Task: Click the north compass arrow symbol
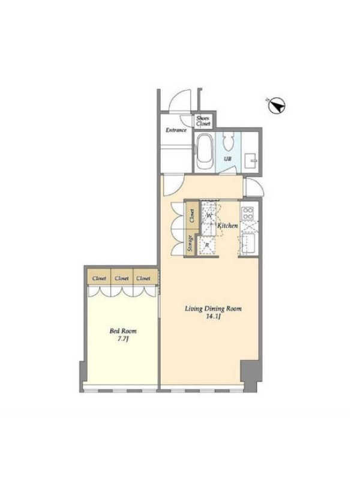277,106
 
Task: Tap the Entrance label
176,130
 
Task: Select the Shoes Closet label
203,121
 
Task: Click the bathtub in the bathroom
205,152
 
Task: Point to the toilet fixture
227,142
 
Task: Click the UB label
227,159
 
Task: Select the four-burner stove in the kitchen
248,213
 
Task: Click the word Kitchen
227,226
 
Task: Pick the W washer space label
209,215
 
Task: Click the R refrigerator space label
207,245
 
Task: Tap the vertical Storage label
190,244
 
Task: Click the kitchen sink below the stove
248,244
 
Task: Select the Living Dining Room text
213,308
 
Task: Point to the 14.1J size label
213,317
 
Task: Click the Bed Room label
123,331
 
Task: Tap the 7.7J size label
123,339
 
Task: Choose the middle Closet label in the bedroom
122,278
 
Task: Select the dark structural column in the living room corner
251,374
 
